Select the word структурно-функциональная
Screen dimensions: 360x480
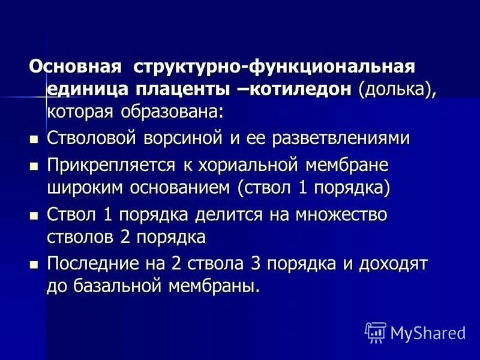click(x=274, y=66)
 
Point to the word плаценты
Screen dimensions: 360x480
click(x=180, y=88)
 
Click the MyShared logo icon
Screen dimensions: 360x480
click(x=376, y=332)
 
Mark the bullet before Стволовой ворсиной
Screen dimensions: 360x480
click(x=34, y=139)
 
